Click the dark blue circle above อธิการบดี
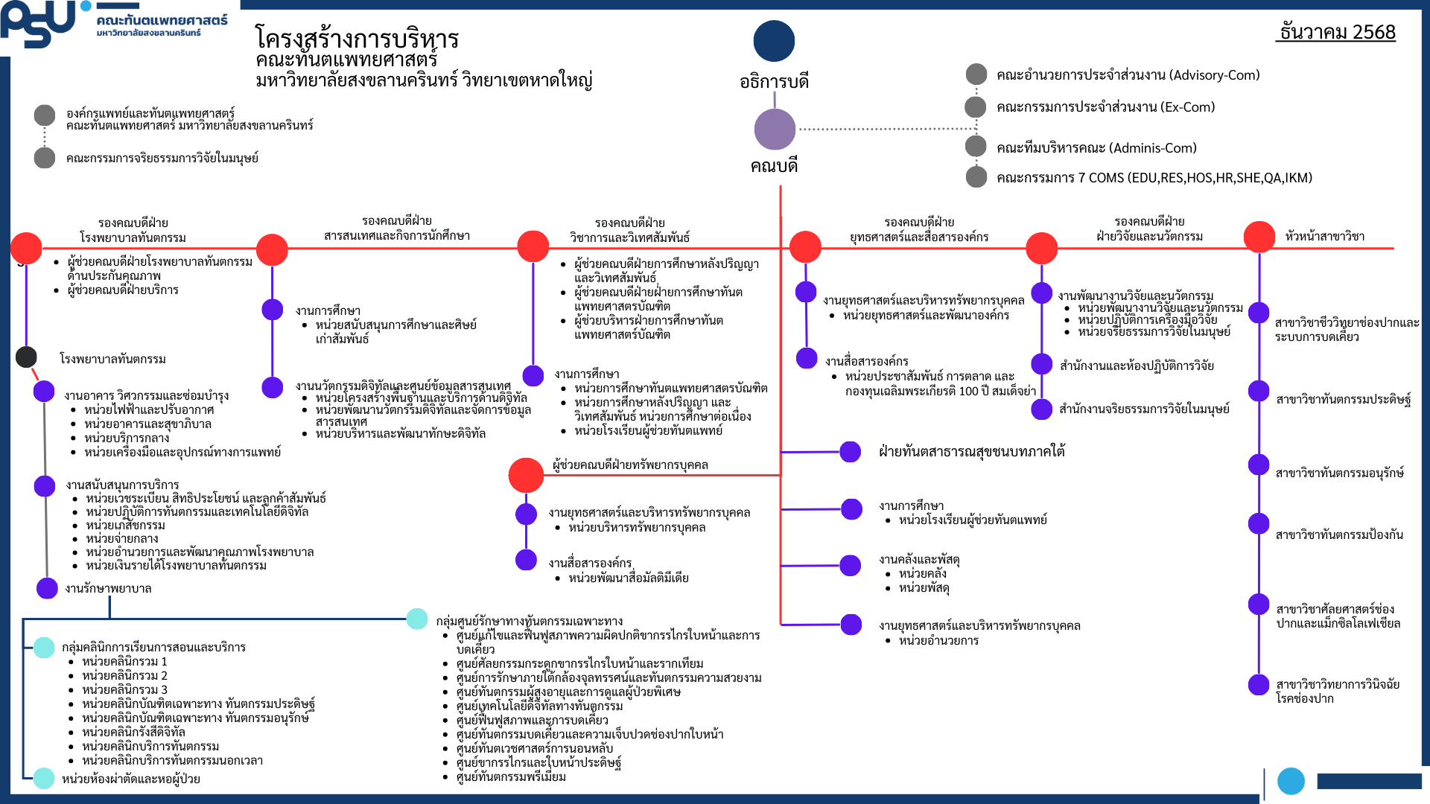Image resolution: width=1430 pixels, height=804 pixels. click(x=774, y=41)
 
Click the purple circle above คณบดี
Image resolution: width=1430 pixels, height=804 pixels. click(x=775, y=129)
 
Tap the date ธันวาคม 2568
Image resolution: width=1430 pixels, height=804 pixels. click(x=1336, y=32)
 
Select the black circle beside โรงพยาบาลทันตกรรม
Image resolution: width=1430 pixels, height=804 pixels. click(x=27, y=357)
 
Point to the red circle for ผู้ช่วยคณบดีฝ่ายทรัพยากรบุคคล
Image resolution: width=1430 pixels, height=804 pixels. click(x=526, y=475)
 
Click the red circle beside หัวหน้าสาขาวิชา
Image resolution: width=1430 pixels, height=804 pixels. click(x=1259, y=237)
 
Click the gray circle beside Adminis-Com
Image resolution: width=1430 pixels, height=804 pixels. click(x=976, y=146)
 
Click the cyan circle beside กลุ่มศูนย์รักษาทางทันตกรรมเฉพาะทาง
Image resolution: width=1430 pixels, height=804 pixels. click(x=417, y=619)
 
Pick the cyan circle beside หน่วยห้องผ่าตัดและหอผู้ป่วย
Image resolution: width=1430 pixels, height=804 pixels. click(x=44, y=778)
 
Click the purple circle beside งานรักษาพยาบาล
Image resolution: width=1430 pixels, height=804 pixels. click(x=47, y=588)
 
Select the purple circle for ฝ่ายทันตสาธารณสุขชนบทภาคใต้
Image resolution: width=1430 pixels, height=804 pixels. click(x=850, y=452)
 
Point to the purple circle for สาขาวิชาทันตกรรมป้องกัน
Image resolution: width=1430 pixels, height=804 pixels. click(x=1259, y=523)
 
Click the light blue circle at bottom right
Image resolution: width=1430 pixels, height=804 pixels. click(x=1291, y=781)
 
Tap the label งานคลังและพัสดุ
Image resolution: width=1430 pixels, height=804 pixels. click(x=919, y=559)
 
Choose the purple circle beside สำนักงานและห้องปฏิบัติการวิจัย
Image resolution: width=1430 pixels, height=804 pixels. click(x=1041, y=364)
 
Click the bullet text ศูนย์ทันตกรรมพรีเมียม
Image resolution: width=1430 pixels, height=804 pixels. click(x=511, y=776)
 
